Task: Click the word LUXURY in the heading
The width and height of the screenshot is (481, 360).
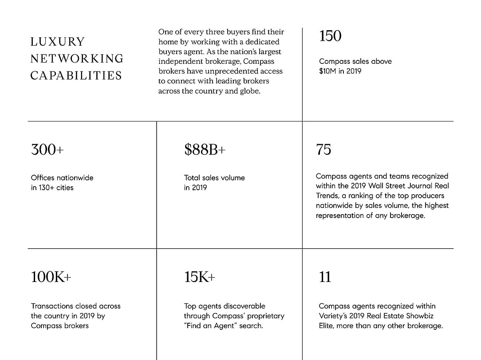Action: pos(57,42)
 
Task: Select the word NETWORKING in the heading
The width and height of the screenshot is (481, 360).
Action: pos(77,59)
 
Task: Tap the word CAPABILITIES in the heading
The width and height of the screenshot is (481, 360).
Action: pos(76,75)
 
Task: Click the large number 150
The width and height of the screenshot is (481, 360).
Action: pos(330,36)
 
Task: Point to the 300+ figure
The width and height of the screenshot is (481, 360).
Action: pos(47,149)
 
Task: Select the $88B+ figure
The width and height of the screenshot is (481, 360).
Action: pos(205,149)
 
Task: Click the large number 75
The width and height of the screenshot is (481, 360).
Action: pos(323,149)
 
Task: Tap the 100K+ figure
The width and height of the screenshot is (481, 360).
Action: pos(51,277)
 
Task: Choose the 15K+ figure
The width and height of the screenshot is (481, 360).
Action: pos(200,277)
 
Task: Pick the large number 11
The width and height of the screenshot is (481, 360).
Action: pos(325,277)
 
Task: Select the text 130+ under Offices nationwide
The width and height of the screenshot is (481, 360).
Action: pos(47,188)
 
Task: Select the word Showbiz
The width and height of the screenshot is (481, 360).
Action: pos(419,316)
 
